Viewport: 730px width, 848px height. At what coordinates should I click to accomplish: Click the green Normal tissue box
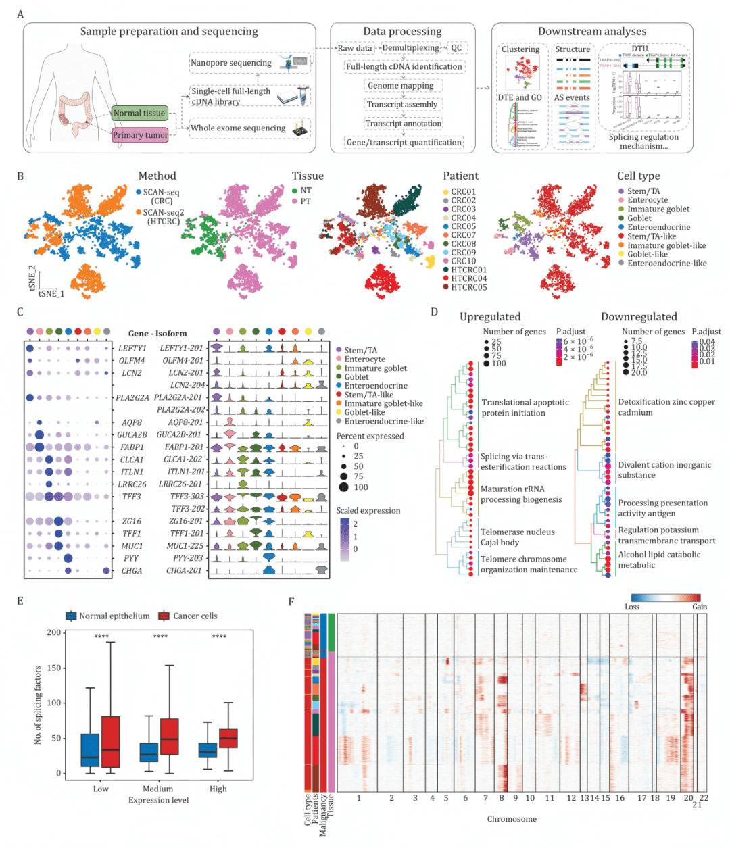(139, 113)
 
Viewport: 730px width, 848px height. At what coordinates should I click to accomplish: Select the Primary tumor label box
(140, 135)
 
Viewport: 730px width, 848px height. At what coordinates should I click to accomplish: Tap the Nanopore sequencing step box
(231, 63)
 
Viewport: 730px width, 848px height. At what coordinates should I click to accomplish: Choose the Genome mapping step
(401, 86)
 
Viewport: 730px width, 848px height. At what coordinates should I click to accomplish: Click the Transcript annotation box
(403, 124)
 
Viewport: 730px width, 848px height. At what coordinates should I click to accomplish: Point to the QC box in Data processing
(457, 48)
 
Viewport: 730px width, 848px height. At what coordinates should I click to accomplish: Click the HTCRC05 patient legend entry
(468, 287)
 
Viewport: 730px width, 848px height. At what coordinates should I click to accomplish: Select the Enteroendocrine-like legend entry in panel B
(666, 264)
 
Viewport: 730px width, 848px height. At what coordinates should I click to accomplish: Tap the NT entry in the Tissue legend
(306, 191)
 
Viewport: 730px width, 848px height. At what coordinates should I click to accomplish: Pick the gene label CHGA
(132, 571)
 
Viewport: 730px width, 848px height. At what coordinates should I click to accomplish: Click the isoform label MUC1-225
(185, 546)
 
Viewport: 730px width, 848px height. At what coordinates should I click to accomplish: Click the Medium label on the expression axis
(157, 789)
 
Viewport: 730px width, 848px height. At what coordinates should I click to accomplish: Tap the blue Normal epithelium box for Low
(90, 750)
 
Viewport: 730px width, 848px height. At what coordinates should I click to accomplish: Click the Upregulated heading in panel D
(490, 317)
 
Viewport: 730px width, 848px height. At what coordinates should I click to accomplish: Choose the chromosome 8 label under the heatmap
(501, 798)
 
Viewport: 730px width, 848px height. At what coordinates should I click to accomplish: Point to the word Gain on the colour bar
(700, 607)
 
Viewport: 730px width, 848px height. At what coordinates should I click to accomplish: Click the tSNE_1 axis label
(51, 294)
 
